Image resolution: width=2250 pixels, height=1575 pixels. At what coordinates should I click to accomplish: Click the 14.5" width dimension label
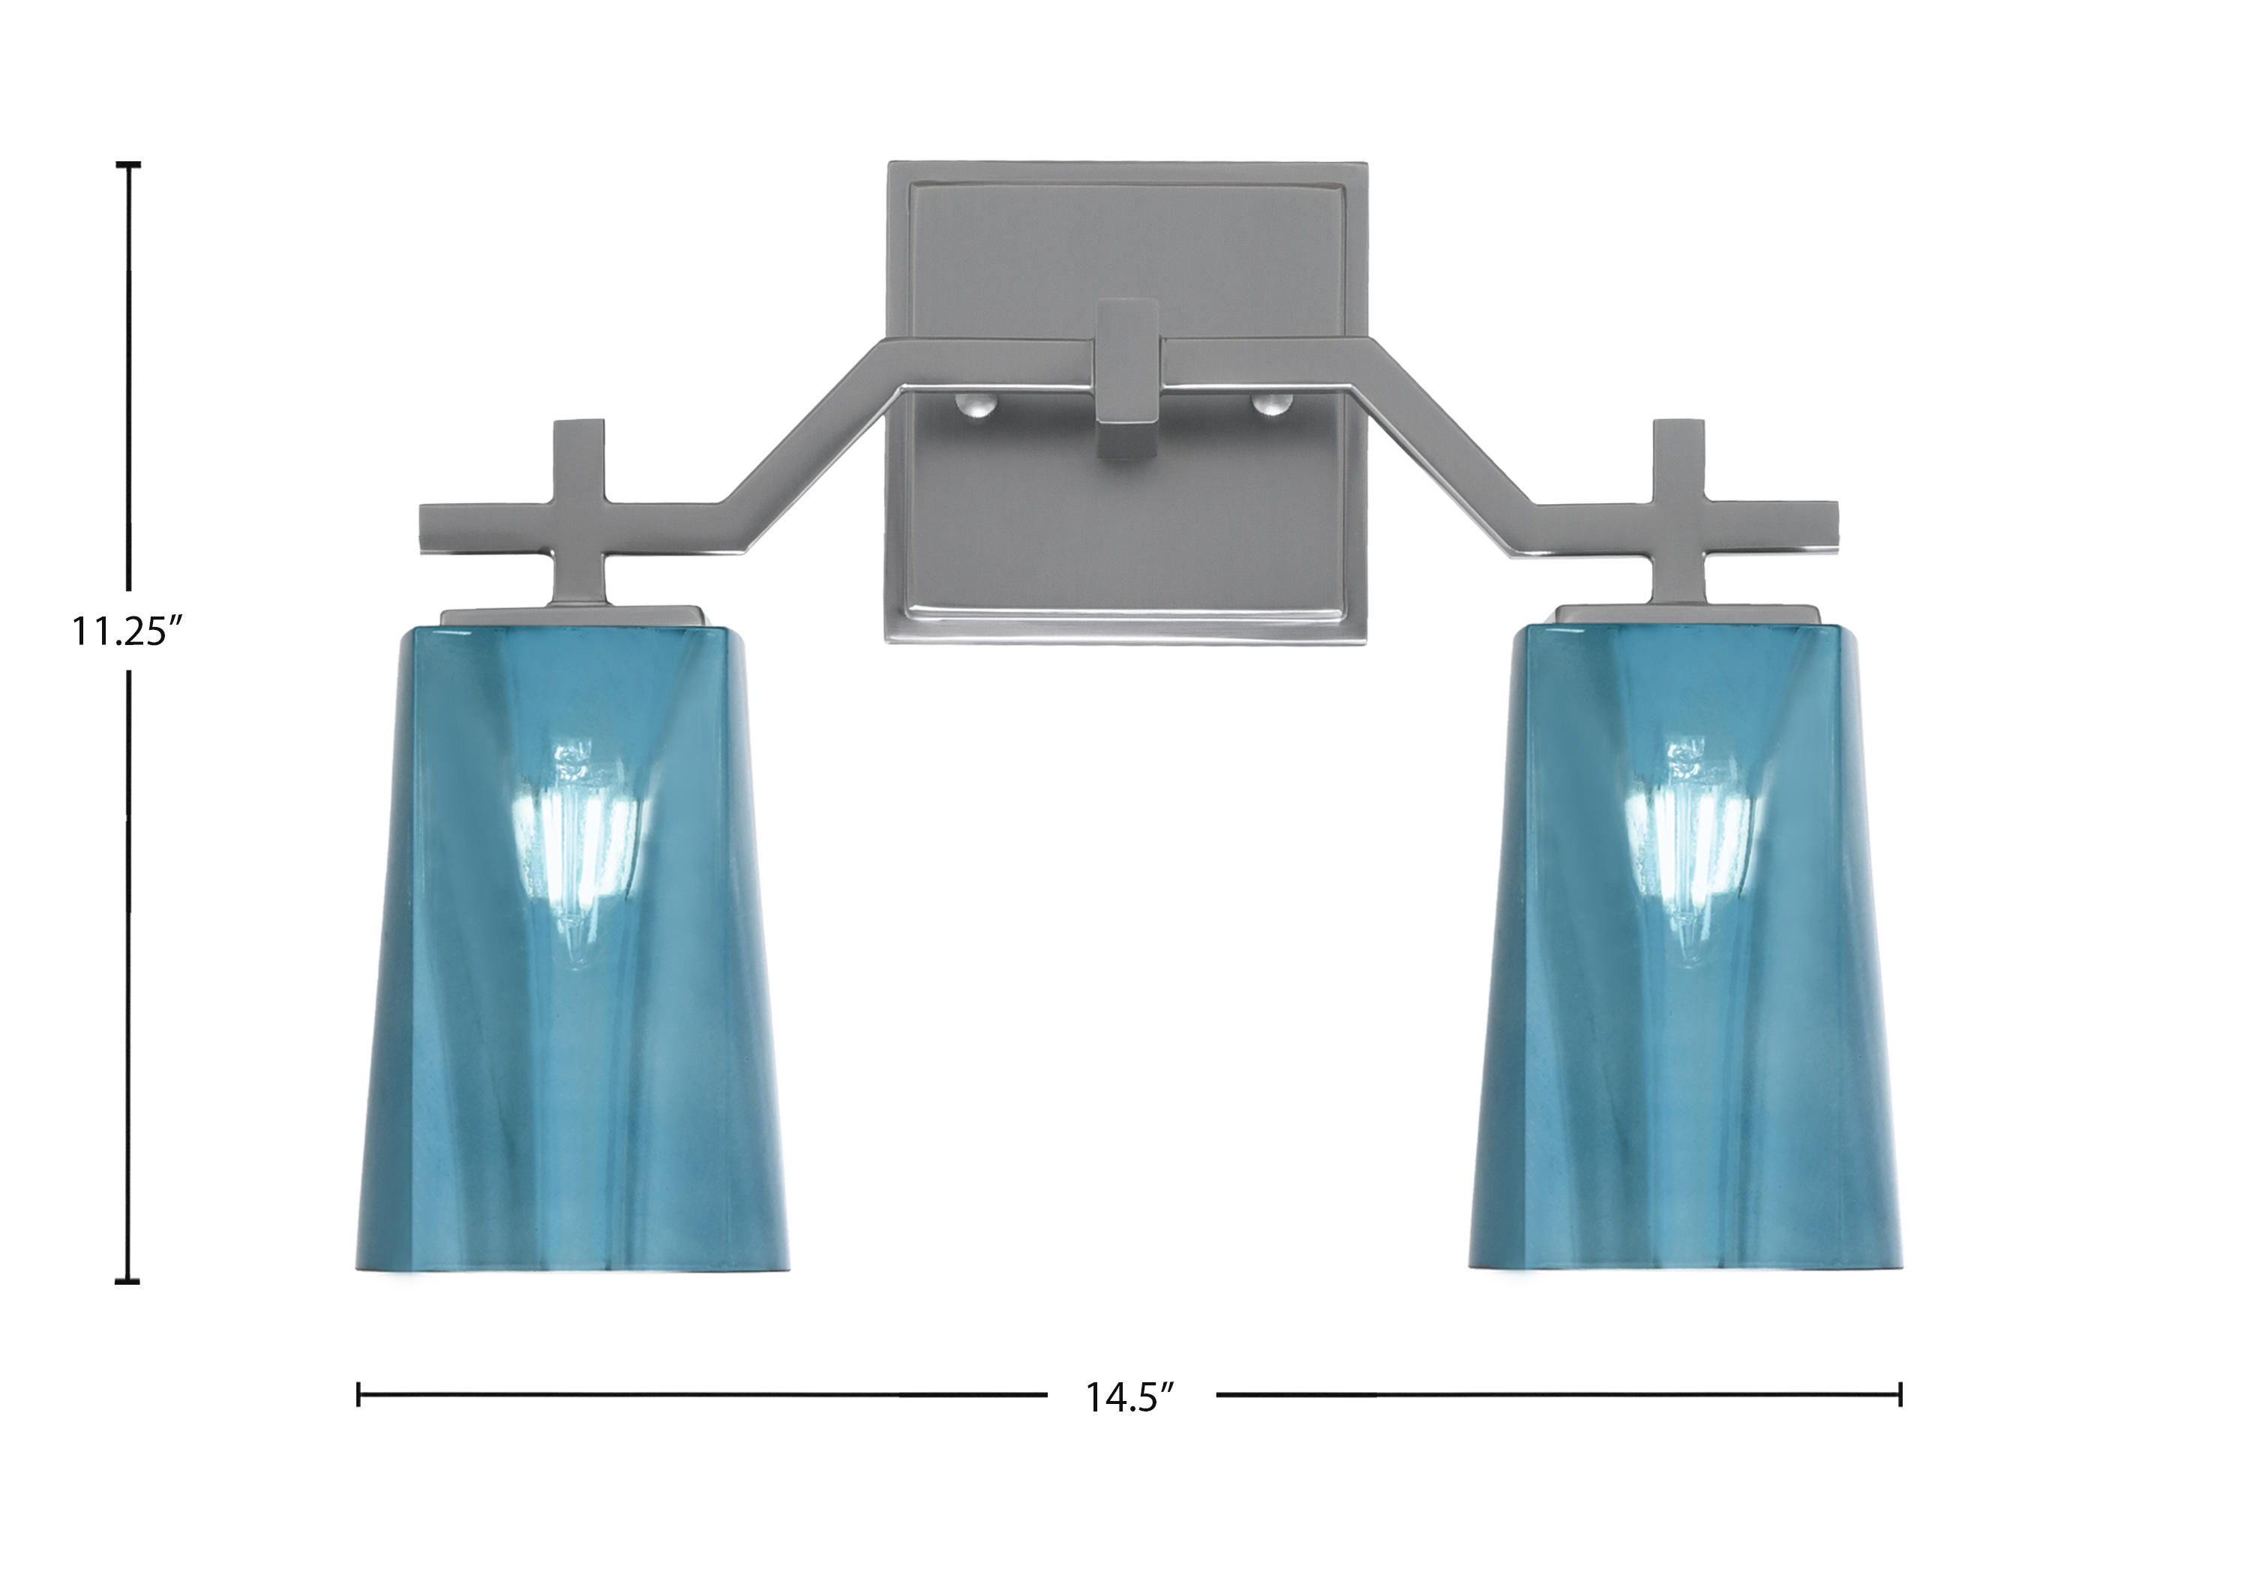1130,1397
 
